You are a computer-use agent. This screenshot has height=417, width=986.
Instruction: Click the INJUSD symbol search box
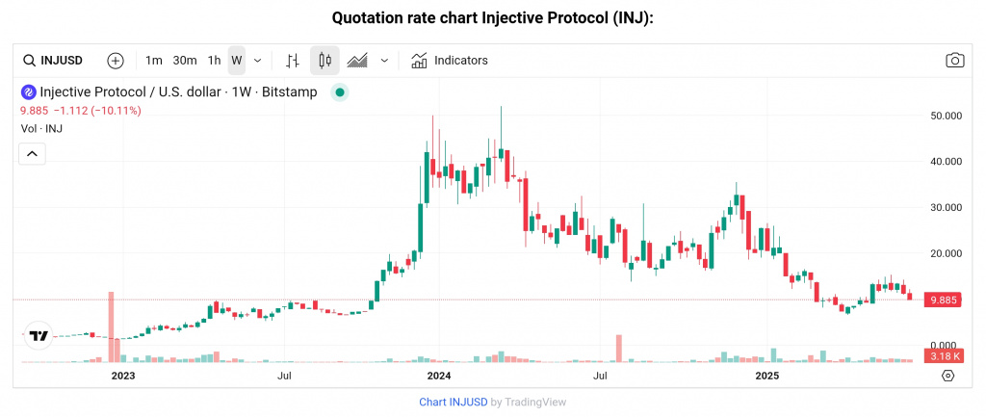(56, 60)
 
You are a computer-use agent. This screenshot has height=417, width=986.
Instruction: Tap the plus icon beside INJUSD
(116, 60)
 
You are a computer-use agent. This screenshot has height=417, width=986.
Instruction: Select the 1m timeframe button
(154, 60)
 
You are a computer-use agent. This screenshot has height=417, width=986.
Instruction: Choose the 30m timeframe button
(185, 60)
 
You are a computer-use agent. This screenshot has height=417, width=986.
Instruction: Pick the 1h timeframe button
(215, 60)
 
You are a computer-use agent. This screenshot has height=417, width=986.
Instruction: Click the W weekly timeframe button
(236, 60)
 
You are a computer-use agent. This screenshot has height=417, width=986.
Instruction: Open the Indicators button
(450, 60)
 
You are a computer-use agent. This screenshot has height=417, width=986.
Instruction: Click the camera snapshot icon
(954, 60)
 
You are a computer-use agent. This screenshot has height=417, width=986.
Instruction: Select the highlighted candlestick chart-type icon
(324, 60)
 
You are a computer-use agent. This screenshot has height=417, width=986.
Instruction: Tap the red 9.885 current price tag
(941, 300)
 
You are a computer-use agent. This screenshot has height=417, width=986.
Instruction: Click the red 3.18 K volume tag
(940, 356)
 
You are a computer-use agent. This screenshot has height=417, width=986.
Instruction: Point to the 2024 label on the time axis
(439, 375)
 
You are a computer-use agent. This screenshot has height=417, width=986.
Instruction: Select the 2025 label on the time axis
(766, 375)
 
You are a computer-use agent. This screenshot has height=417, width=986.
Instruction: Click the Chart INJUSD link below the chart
(453, 402)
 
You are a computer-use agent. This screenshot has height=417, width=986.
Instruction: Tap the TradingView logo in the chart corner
(39, 336)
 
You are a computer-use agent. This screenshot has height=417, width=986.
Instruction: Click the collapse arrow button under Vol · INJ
(33, 153)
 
